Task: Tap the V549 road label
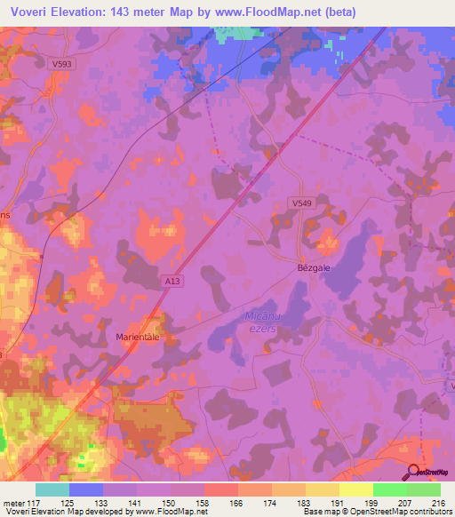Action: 302,203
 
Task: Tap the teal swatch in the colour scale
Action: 52,489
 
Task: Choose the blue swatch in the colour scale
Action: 86,489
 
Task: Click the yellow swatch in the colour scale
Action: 355,489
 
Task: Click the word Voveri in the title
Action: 31,10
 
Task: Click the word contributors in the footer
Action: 429,512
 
